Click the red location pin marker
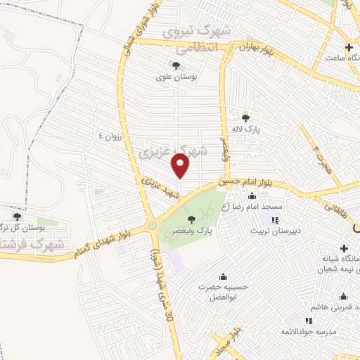[181, 166]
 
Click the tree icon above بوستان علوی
[175, 65]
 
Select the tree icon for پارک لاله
[245, 117]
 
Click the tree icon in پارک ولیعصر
[191, 220]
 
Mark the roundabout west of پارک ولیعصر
[152, 226]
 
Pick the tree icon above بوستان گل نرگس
[15, 217]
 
